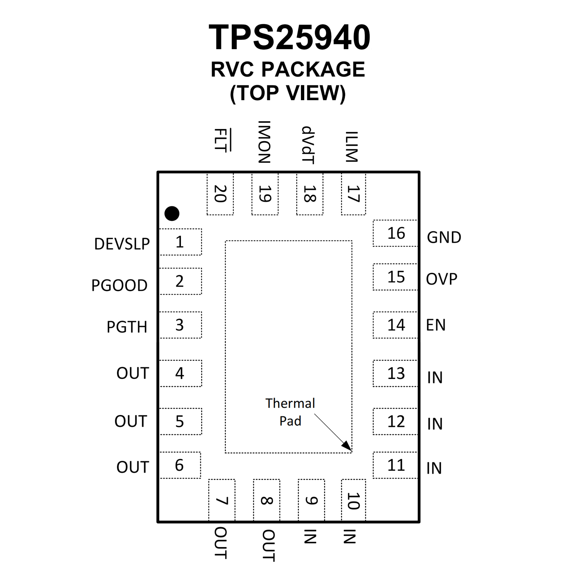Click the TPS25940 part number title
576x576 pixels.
[x=289, y=37]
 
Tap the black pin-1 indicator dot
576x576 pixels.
[x=172, y=214]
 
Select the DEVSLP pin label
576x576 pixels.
[x=122, y=244]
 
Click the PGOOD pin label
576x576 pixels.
[x=119, y=285]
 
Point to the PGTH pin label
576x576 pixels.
[x=127, y=327]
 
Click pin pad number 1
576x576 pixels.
[x=180, y=242]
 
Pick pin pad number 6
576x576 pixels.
[x=179, y=465]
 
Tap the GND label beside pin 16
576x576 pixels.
[x=444, y=238]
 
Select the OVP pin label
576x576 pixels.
[x=442, y=279]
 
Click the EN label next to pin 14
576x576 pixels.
[x=436, y=325]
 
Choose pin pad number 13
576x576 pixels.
[x=396, y=373]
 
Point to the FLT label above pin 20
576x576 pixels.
[x=221, y=140]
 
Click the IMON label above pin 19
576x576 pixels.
[x=264, y=142]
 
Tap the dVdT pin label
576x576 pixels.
[x=308, y=145]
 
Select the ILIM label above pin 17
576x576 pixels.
[x=352, y=147]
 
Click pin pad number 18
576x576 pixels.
[x=310, y=194]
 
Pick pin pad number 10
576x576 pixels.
[x=353, y=501]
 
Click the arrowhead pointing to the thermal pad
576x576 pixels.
[x=348, y=447]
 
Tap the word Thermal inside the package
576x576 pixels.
[x=290, y=403]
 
